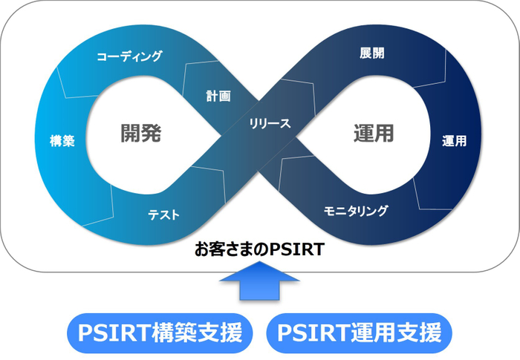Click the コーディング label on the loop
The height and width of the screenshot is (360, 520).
[x=129, y=56]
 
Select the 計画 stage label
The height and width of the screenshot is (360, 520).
[x=218, y=96]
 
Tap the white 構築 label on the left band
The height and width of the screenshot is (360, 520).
[x=63, y=141]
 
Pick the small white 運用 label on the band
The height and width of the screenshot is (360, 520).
[x=454, y=141]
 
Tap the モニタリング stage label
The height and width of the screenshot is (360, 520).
[x=356, y=211]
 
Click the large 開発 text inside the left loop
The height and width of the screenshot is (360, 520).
[x=141, y=134]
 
